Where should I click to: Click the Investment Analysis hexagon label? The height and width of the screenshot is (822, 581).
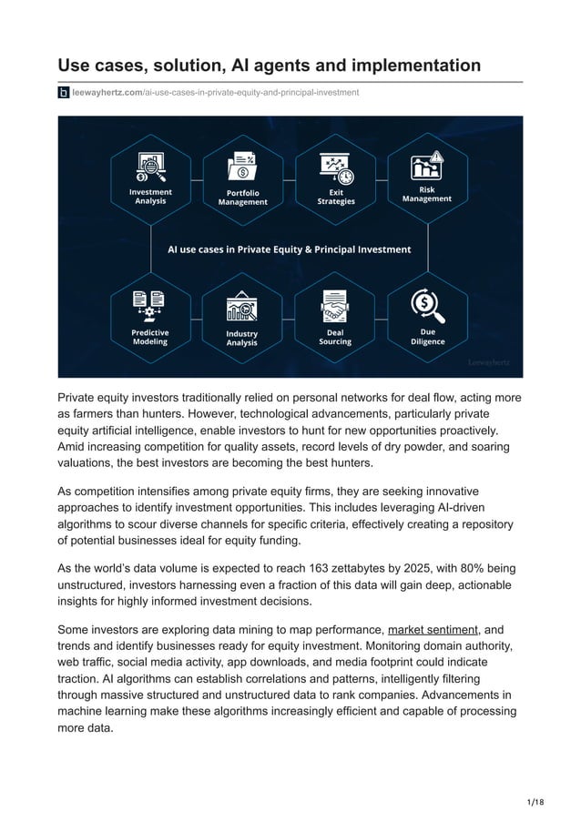pyautogui.click(x=150, y=197)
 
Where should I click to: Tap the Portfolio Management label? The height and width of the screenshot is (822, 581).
pyautogui.click(x=242, y=198)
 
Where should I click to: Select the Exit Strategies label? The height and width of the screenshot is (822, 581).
pyautogui.click(x=335, y=197)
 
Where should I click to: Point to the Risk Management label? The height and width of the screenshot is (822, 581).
pyautogui.click(x=426, y=194)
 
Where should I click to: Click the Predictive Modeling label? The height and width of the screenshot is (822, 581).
pyautogui.click(x=150, y=337)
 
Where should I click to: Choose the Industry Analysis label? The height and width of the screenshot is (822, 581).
pyautogui.click(x=242, y=338)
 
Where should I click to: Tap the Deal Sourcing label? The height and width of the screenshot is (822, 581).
pyautogui.click(x=335, y=337)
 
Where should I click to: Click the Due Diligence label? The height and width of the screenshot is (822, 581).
pyautogui.click(x=427, y=337)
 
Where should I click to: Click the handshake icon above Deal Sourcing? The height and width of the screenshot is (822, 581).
pyautogui.click(x=335, y=306)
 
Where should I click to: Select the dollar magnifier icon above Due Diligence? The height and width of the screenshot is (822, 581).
pyautogui.click(x=427, y=304)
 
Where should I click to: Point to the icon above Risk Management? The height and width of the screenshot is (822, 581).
pyautogui.click(x=427, y=166)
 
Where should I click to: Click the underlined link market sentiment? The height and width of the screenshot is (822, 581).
pyautogui.click(x=433, y=629)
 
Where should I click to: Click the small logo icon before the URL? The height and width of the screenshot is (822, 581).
pyautogui.click(x=64, y=93)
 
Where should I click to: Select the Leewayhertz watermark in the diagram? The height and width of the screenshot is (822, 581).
pyautogui.click(x=489, y=361)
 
